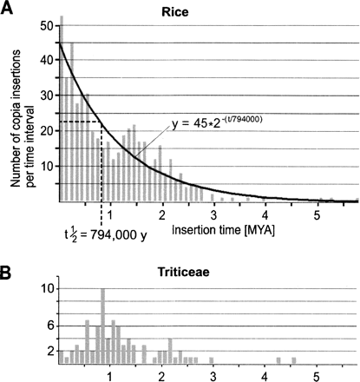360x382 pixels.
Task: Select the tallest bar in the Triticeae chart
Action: [103, 325]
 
